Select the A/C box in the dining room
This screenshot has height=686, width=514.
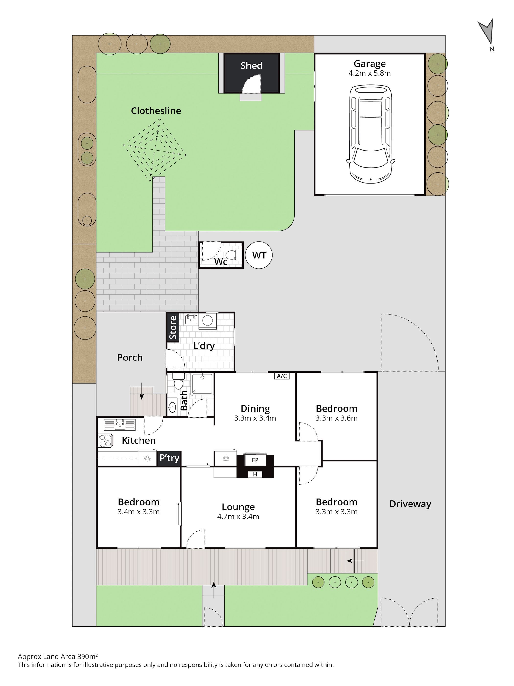coord(281,376)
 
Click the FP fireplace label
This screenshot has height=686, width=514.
coord(255,460)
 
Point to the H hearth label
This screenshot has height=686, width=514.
coord(255,474)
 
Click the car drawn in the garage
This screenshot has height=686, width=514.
coord(370,134)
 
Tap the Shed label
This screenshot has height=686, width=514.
coord(251,66)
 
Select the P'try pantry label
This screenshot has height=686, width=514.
coord(169,458)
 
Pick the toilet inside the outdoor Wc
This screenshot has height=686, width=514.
coord(234,255)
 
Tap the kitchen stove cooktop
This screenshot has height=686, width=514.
coord(105,441)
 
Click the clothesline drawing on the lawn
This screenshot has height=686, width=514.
coord(155,151)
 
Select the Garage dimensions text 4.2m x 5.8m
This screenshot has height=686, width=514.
coord(369,73)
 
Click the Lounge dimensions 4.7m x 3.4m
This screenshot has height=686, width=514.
coord(238,516)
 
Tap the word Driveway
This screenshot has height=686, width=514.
coord(410,504)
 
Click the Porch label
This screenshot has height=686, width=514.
coord(130,357)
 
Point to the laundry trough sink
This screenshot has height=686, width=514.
coord(191,319)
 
